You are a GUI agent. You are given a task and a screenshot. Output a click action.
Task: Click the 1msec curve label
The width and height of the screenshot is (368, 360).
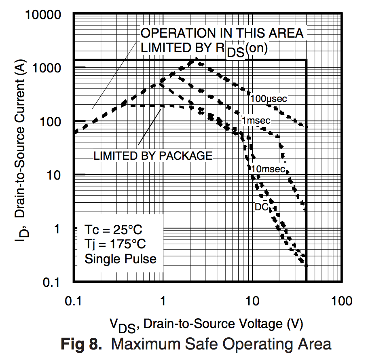coord(256,121)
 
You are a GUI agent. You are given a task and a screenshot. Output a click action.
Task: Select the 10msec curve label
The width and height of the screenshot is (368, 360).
coord(268,169)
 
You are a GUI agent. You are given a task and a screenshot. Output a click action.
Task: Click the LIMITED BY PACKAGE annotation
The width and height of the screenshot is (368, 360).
coord(153,156)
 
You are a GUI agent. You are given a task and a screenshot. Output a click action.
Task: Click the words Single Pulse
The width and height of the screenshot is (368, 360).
coord(120,258)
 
